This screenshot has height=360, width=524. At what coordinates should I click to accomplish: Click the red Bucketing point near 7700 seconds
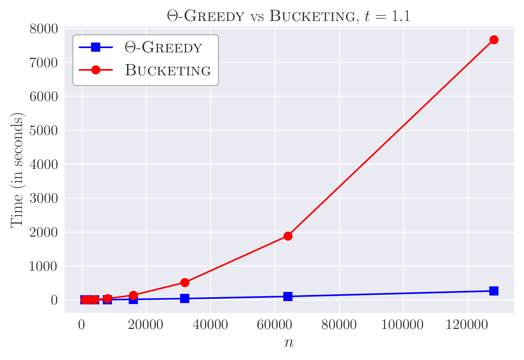(x=494, y=40)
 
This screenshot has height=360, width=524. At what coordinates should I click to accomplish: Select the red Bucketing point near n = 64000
(x=288, y=236)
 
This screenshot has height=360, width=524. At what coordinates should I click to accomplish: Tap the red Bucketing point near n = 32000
(x=185, y=283)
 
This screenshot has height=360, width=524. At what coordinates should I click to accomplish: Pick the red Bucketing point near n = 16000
(x=133, y=296)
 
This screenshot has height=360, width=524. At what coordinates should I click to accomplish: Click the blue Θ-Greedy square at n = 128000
(x=494, y=291)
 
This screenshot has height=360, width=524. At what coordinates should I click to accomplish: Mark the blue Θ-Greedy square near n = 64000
(x=288, y=297)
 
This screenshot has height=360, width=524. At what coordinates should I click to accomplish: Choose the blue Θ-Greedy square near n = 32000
(x=185, y=298)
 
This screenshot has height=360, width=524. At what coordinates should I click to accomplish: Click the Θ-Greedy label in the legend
(x=163, y=47)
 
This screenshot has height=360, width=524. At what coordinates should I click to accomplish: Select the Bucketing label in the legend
(x=168, y=70)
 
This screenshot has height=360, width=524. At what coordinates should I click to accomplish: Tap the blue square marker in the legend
(x=96, y=47)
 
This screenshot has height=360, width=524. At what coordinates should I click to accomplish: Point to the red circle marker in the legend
(x=96, y=70)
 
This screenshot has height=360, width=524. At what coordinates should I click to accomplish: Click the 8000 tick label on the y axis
(x=44, y=29)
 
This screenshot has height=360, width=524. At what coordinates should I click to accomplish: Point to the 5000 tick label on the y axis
(x=44, y=131)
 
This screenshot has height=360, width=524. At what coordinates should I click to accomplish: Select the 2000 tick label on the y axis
(x=44, y=232)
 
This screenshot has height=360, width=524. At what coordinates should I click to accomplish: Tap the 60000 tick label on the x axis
(x=275, y=325)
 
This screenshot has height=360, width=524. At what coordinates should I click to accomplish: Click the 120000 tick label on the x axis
(x=467, y=325)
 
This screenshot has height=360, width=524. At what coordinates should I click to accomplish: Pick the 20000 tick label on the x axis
(x=145, y=325)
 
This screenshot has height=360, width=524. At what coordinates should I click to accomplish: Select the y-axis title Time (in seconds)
(x=17, y=170)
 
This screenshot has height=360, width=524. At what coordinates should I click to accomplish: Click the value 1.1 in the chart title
(x=401, y=16)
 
